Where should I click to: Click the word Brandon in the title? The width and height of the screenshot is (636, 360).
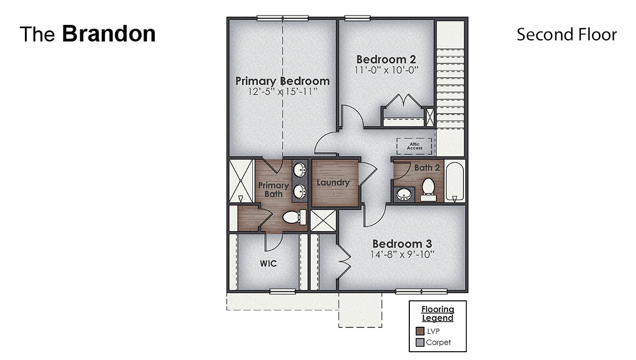click(108, 34)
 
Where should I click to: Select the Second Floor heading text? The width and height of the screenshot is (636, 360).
click(566, 34)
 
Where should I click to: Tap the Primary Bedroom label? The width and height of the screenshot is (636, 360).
click(282, 81)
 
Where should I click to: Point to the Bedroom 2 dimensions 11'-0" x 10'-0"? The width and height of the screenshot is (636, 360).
click(386, 70)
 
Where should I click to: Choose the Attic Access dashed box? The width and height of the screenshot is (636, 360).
click(414, 147)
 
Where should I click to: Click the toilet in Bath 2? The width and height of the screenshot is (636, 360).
click(428, 188)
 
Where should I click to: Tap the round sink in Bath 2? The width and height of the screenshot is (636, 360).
click(404, 195)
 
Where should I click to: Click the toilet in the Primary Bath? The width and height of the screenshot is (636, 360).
click(294, 218)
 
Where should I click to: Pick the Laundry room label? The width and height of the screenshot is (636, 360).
click(333, 182)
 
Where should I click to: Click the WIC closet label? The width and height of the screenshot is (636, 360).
click(268, 264)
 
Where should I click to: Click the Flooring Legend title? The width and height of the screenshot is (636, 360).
click(437, 314)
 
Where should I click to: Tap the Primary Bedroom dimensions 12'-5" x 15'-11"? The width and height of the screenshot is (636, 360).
click(282, 92)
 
